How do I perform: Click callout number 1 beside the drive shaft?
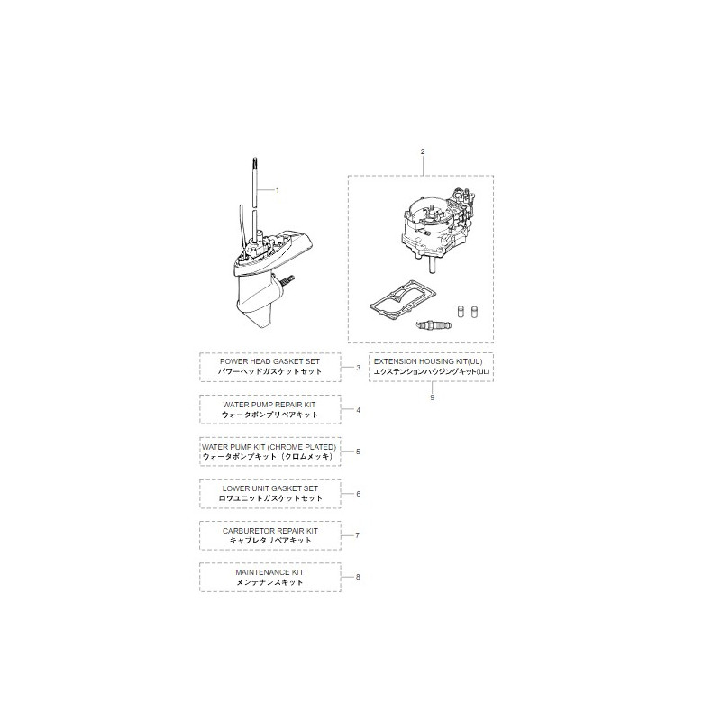(278, 190)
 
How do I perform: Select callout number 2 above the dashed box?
(422, 151)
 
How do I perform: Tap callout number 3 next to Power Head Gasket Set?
(358, 368)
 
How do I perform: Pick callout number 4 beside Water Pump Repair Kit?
(358, 410)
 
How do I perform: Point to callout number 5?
(358, 452)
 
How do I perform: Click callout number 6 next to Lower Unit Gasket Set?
(358, 494)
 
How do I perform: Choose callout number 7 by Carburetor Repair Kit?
(358, 535)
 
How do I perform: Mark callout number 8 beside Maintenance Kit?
(358, 577)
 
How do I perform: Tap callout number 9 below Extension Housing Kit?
(432, 397)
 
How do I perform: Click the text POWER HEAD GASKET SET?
(270, 361)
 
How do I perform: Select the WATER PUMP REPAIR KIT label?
(270, 405)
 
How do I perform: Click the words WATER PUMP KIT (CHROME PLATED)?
(270, 447)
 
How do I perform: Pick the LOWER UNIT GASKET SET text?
(270, 488)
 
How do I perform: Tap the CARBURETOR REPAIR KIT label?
(270, 531)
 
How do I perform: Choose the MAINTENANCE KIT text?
(270, 572)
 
